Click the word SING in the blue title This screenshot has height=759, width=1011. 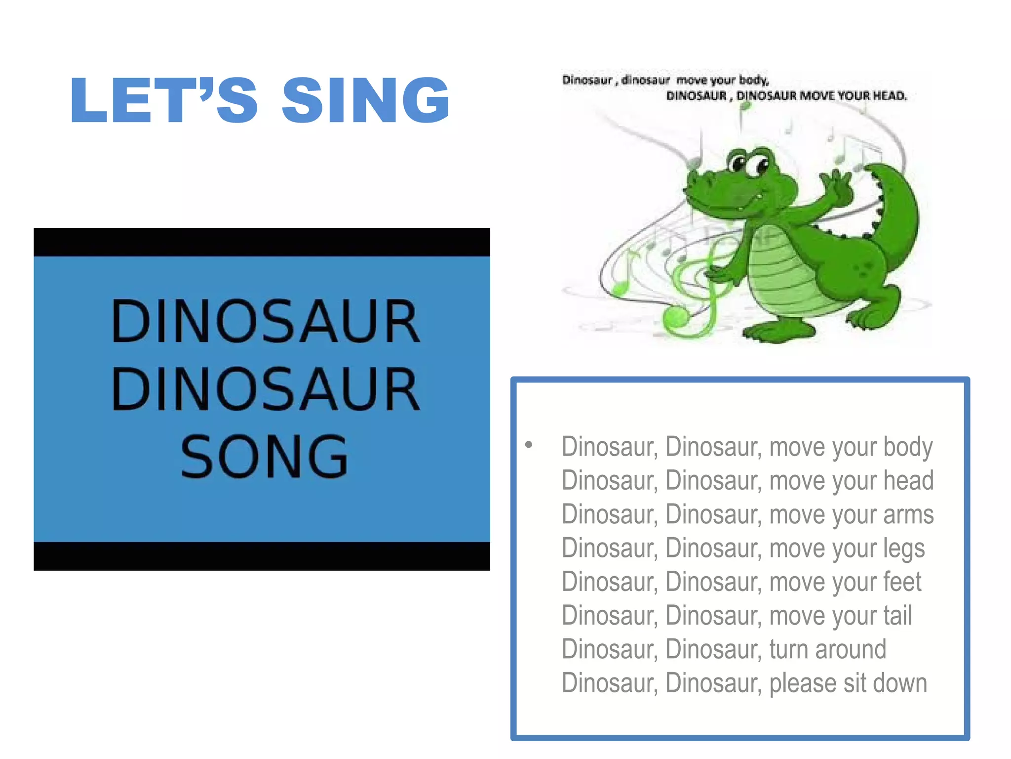coord(365,100)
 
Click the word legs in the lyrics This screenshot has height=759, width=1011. coord(903,548)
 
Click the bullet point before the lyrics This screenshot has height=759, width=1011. coord(529,445)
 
